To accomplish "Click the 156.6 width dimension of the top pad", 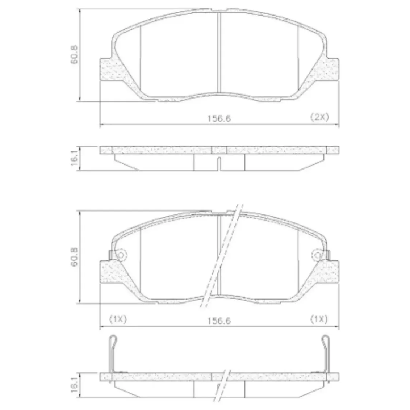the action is coord(219,118).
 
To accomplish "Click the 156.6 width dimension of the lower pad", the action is coord(219,321).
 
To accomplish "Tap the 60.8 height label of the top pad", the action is coord(74,55).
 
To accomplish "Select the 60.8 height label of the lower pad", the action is coord(74,257).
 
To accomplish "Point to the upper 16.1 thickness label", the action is coord(74,158).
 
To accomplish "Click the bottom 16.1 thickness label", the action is coord(74,385).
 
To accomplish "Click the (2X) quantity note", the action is coord(319,117).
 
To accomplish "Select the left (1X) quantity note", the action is coord(118,319).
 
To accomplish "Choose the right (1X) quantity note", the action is coord(319,319).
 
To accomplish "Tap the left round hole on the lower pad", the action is coord(121,255).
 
